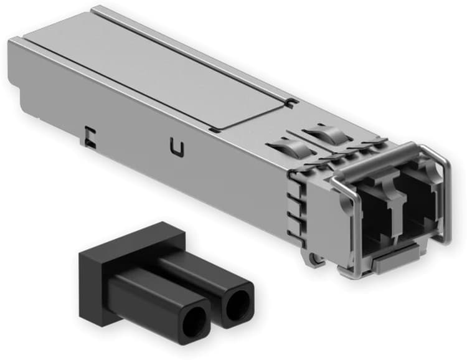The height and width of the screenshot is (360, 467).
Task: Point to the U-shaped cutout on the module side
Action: click(176, 148)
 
